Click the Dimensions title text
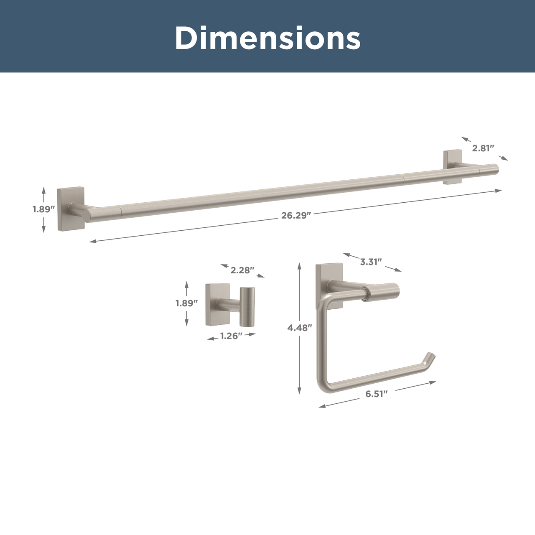click(267, 38)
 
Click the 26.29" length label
click(296, 215)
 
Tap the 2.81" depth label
click(483, 148)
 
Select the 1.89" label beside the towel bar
click(44, 209)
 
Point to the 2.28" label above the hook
click(242, 270)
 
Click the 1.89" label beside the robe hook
click(186, 303)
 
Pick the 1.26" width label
click(231, 336)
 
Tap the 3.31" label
click(371, 262)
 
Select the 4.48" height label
click(300, 328)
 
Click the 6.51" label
click(376, 394)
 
